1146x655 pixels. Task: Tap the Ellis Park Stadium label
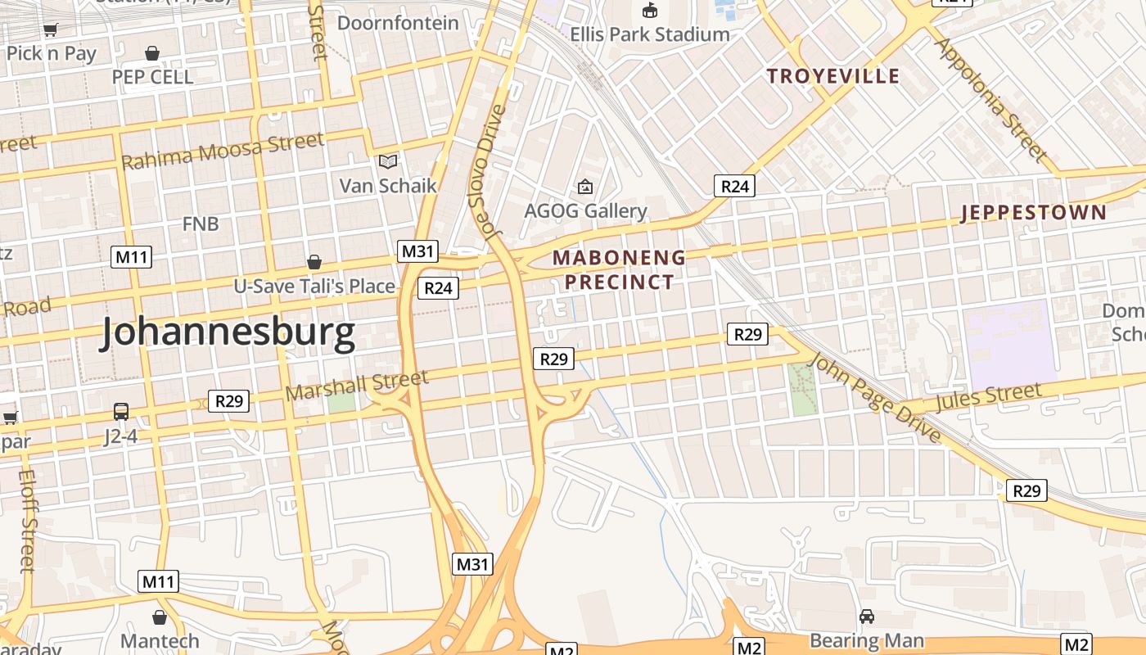650,34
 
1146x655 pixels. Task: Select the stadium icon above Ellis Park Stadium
650,11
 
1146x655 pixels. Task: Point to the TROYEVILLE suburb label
832,76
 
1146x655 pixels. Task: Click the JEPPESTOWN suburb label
1033,213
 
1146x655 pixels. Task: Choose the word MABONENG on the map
619,258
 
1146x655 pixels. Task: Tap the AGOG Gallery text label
585,211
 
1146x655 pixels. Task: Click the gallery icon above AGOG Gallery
584,187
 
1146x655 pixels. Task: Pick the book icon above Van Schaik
388,161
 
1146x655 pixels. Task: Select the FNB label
201,224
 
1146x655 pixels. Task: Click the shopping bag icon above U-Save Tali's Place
314,262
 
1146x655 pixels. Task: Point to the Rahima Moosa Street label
222,151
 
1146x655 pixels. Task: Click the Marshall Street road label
357,385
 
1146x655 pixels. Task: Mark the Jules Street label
989,398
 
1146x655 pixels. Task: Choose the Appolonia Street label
990,98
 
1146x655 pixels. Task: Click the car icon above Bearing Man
867,616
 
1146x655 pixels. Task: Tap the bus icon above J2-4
121,411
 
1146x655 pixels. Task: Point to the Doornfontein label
398,23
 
